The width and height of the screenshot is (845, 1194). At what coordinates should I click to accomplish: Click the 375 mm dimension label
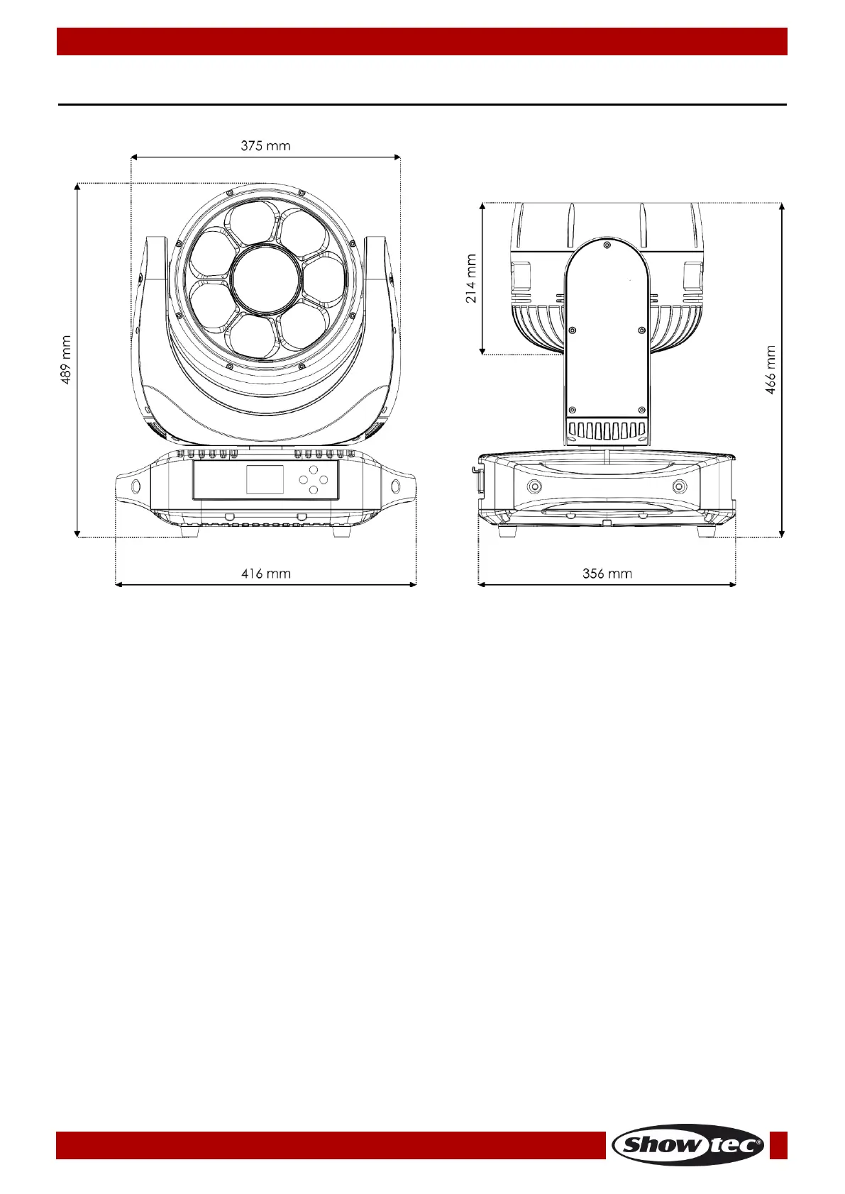(x=265, y=145)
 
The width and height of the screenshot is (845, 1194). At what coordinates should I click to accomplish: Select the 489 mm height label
(x=65, y=359)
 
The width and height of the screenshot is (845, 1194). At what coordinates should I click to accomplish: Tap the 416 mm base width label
(x=266, y=574)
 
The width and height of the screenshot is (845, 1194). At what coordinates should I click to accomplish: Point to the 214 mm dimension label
(x=471, y=278)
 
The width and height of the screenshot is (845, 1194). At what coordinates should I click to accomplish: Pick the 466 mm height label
(x=770, y=369)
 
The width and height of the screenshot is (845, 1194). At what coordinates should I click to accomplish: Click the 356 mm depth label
(x=607, y=574)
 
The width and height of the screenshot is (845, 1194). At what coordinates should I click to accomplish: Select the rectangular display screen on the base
(x=265, y=479)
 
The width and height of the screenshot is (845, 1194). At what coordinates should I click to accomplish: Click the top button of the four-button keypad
(x=313, y=469)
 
